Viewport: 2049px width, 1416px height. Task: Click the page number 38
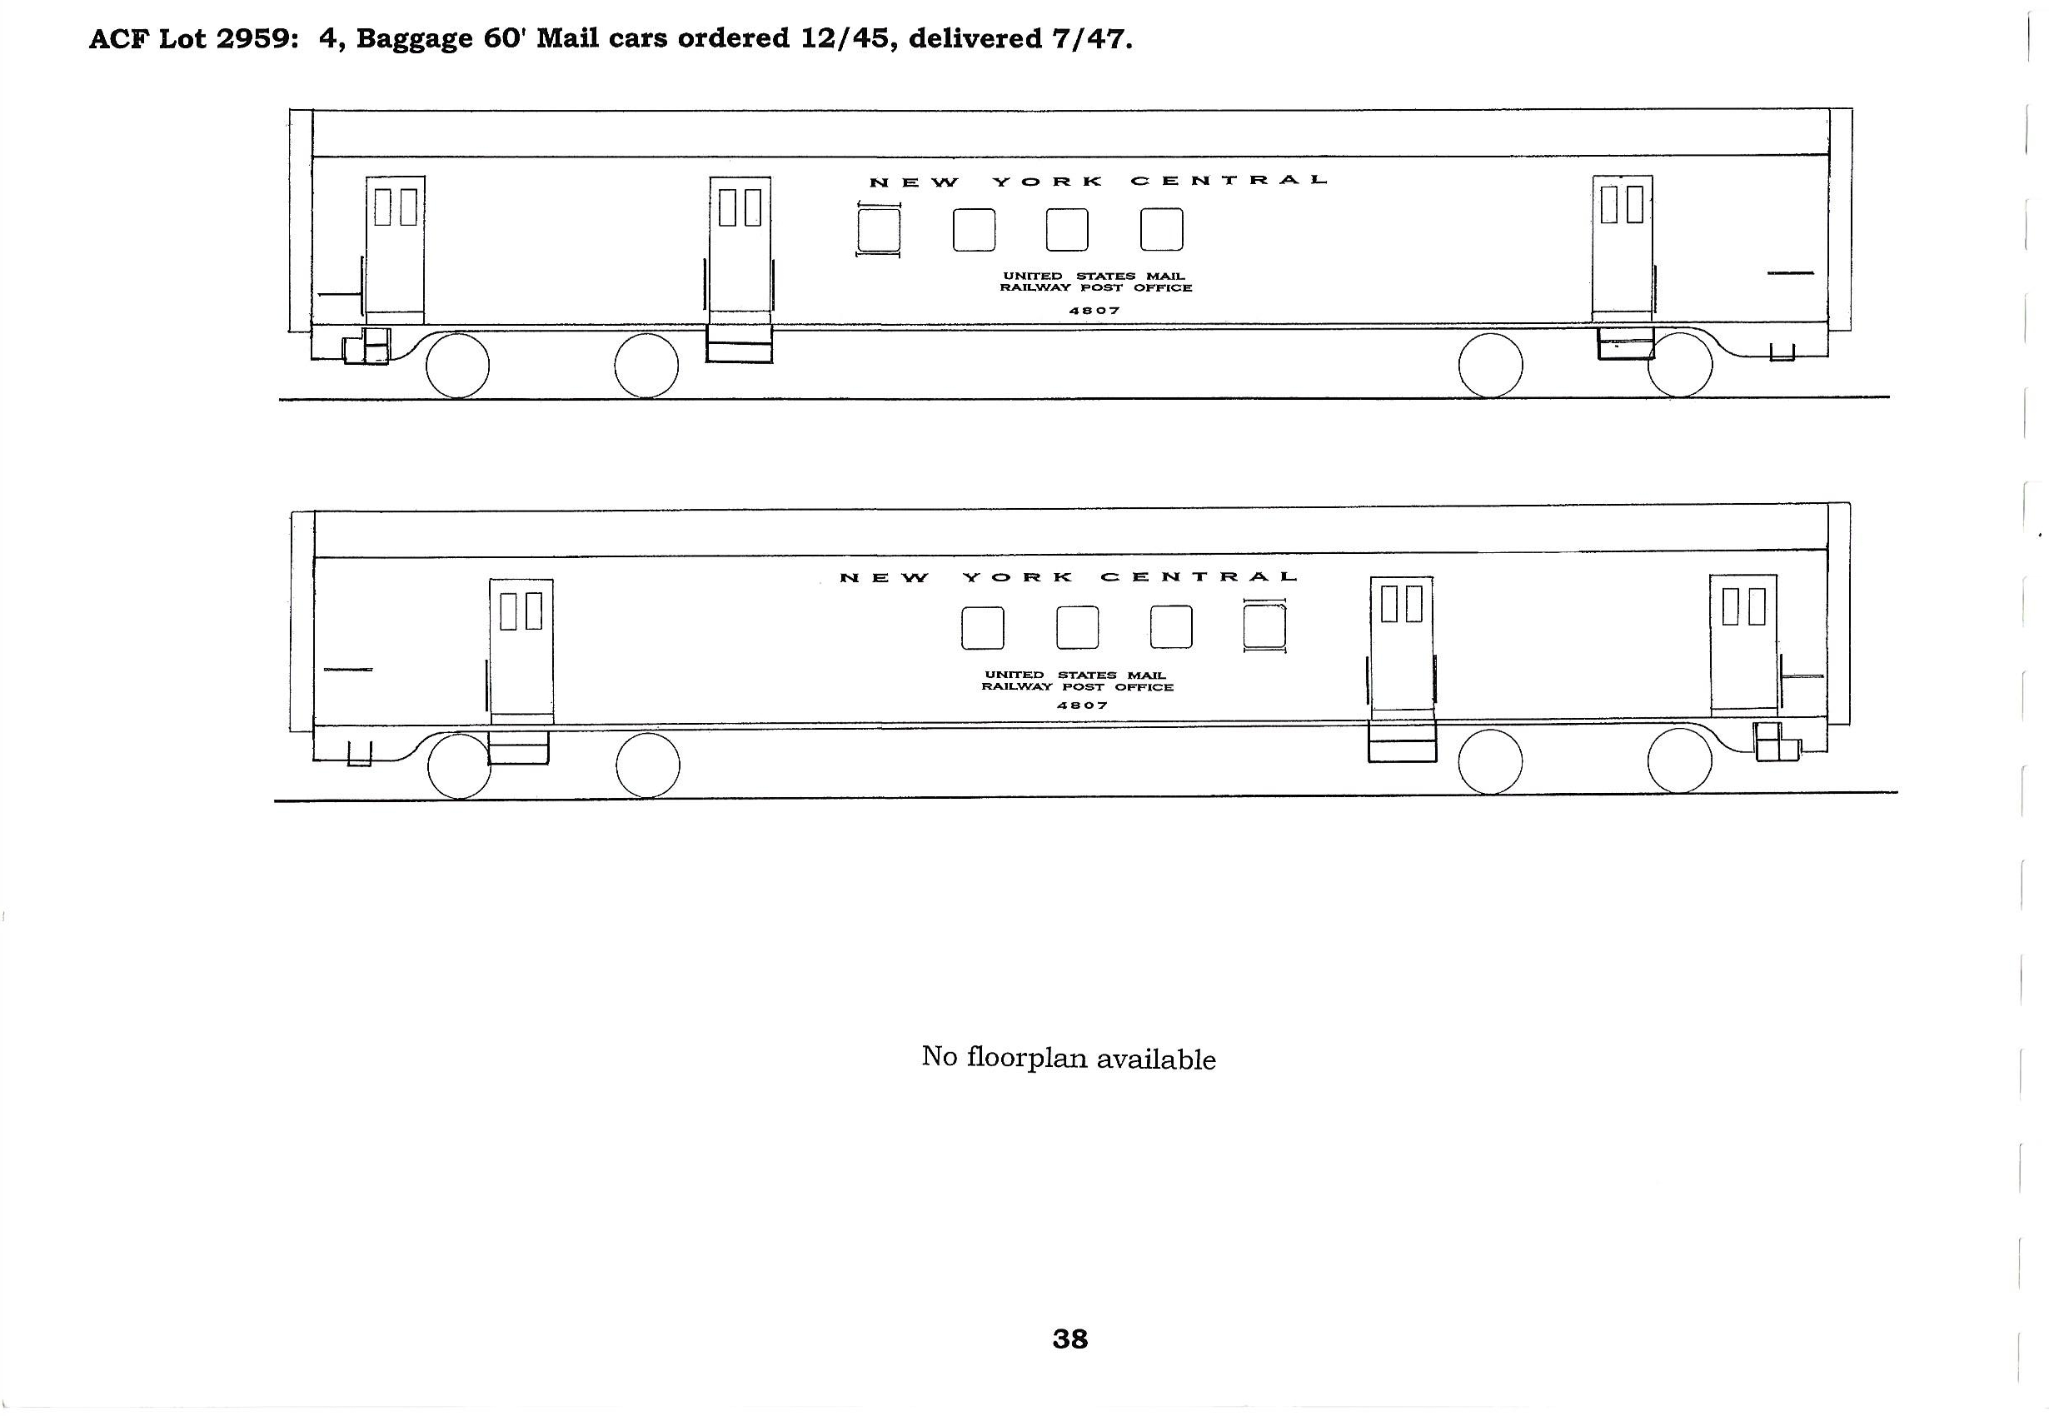coord(1069,1339)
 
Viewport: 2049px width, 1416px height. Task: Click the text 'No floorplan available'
coord(1068,1058)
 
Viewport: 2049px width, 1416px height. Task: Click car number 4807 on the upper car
coord(1094,311)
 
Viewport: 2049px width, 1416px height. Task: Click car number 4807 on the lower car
coord(1082,706)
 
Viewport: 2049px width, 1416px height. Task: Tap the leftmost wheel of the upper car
coord(458,365)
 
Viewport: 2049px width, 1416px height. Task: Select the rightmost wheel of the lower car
coord(1679,761)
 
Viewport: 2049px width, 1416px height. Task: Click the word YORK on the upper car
coord(1048,181)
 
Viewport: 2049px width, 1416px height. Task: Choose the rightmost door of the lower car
coord(1744,642)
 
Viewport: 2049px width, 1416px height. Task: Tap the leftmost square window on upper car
coord(878,230)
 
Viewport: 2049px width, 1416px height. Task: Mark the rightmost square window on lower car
coord(1264,626)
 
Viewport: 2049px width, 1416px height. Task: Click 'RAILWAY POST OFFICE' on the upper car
coord(1095,288)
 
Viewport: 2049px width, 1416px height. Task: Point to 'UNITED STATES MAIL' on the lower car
coord(1075,676)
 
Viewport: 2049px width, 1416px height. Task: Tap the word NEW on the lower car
coord(885,577)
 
